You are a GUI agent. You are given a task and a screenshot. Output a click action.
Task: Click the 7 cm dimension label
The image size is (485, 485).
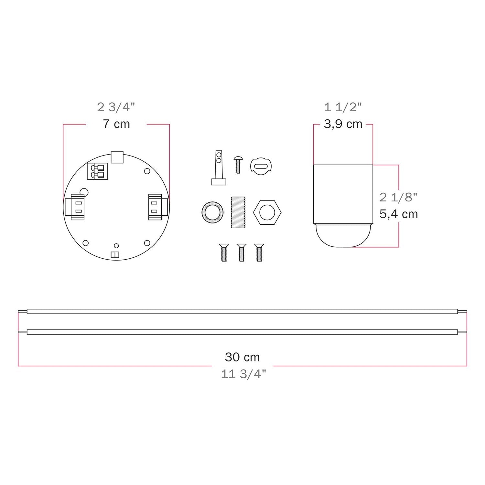116,124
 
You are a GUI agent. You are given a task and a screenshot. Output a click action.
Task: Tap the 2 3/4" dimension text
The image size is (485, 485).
116,107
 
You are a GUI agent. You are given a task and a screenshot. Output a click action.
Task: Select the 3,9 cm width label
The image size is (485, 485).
343,124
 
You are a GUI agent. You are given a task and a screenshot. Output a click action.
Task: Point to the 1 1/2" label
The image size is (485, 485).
343,107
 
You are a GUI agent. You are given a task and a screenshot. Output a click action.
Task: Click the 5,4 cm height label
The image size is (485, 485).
399,214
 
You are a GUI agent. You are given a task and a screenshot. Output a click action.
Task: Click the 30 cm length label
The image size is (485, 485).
242,357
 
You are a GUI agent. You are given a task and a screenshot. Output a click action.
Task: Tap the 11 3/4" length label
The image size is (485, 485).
243,374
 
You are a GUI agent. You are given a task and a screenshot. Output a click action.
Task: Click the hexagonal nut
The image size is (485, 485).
267,212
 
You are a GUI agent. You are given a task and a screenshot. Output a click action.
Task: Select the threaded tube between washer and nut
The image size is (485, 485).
239,212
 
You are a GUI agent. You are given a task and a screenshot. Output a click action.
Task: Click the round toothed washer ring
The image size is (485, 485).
212,212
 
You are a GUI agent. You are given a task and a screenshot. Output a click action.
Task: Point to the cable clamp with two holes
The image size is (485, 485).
219,168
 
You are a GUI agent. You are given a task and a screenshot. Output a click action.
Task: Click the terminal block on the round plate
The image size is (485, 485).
97,171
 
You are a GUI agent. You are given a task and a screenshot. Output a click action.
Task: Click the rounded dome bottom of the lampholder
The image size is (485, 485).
343,235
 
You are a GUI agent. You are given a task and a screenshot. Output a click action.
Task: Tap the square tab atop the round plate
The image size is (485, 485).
117,157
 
